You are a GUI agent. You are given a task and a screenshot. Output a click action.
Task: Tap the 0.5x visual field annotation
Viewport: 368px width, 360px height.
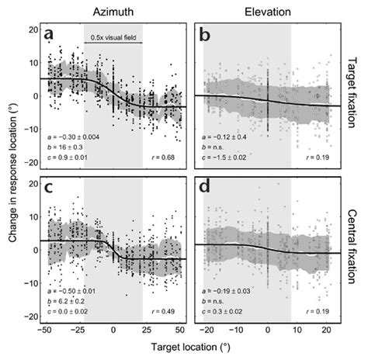113,37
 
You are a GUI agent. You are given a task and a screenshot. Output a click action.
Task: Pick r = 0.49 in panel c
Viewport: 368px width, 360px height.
168,313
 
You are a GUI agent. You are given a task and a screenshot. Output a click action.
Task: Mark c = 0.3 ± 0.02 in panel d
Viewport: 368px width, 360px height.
225,313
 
